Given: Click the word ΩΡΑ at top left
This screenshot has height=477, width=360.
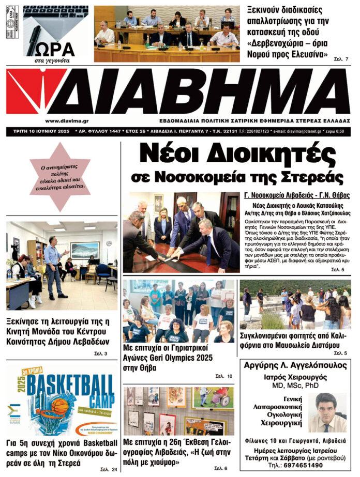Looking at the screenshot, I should coord(55,49).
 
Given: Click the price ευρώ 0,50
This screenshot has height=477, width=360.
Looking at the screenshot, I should coord(339,132).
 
